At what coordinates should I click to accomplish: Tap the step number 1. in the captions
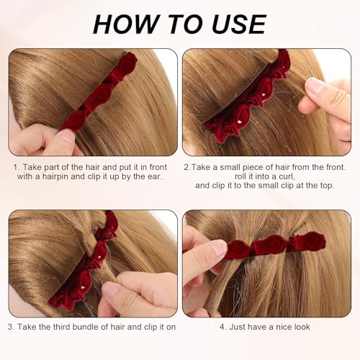pos(17,166)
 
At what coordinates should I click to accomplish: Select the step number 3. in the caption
pos(12,326)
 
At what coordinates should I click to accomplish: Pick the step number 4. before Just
pos(223,326)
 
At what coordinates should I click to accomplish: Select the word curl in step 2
pos(287,175)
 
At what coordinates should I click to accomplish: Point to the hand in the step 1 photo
pos(40,140)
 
